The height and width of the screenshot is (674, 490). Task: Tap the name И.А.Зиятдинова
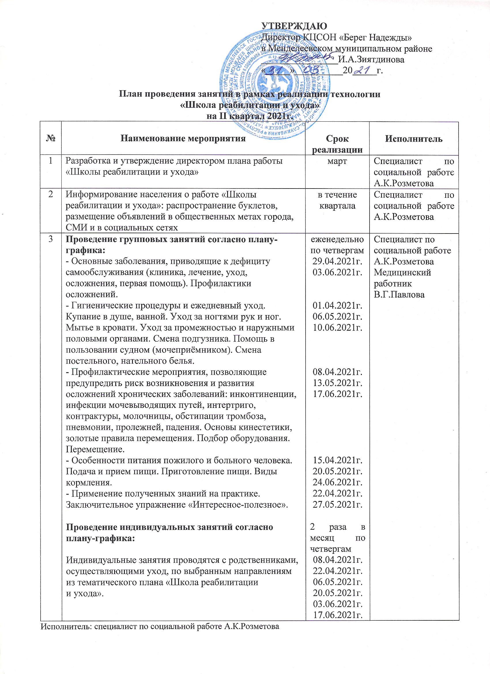click(x=372, y=60)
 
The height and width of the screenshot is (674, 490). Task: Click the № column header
click(x=51, y=138)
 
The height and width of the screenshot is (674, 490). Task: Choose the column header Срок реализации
click(x=337, y=144)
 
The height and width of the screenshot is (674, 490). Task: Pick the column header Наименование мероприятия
click(x=184, y=138)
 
